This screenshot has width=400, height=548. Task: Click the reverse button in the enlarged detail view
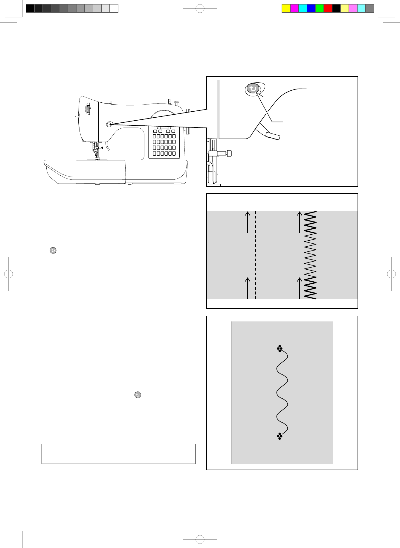253,89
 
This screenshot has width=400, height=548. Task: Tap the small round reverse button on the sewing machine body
109,124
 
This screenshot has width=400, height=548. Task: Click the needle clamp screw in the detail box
229,153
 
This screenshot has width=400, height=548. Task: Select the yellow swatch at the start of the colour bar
286,8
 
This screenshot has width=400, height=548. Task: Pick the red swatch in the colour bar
328,8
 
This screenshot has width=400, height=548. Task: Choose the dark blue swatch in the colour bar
311,8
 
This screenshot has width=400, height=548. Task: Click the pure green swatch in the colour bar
320,8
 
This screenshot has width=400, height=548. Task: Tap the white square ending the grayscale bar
114,8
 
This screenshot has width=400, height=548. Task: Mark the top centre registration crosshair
200,8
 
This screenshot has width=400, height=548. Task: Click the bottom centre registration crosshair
200,540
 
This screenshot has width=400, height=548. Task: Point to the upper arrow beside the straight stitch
248,221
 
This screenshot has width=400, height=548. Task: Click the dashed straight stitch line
256,254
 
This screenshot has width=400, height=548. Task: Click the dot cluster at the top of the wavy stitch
280,348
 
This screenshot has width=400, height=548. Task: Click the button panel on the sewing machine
164,142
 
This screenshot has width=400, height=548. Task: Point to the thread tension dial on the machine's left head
88,109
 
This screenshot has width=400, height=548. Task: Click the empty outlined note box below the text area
118,454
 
